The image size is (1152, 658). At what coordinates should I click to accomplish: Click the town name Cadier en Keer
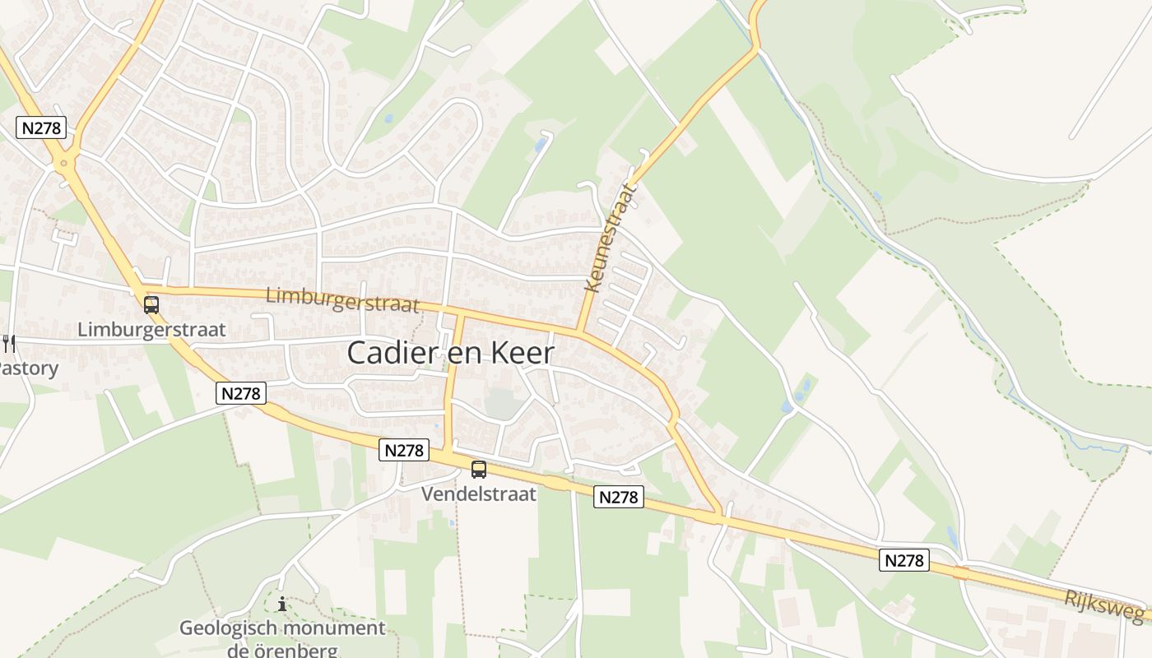click(x=450, y=353)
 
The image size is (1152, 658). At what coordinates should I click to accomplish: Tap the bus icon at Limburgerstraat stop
click(x=151, y=305)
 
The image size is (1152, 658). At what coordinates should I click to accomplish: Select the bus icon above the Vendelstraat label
click(x=478, y=470)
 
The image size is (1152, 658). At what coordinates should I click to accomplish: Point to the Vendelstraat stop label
click(x=478, y=494)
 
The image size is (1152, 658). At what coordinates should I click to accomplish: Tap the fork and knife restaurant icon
click(x=8, y=342)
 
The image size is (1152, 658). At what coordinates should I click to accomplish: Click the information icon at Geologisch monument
click(x=282, y=605)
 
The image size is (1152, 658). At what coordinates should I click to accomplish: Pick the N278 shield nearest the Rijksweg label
click(x=905, y=561)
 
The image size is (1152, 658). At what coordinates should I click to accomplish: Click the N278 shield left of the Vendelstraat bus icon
click(x=404, y=450)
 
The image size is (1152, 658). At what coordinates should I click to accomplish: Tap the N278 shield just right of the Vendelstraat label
click(x=618, y=497)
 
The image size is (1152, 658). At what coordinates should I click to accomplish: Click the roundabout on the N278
click(x=64, y=163)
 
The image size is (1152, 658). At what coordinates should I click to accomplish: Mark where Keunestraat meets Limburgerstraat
click(x=579, y=332)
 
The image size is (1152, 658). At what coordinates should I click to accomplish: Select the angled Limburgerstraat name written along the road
click(x=342, y=299)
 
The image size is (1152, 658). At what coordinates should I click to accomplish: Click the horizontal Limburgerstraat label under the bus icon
click(x=151, y=330)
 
